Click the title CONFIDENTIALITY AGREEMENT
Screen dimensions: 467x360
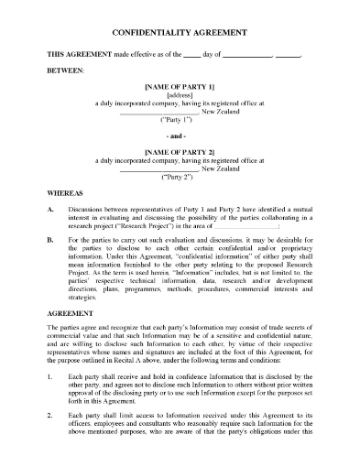[180, 31]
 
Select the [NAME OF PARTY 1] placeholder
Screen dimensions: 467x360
[180, 85]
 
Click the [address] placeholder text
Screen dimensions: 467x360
[180, 94]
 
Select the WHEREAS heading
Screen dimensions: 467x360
[66, 194]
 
